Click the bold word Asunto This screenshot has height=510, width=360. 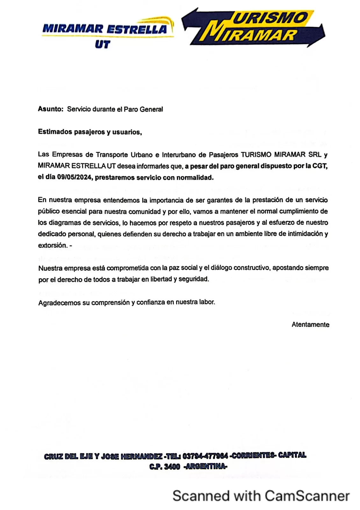[50, 109]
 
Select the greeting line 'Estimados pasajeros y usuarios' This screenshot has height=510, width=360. [90, 132]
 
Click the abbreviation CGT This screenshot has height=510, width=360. [320, 166]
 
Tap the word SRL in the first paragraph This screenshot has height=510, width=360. [315, 155]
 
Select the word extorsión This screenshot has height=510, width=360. [53, 245]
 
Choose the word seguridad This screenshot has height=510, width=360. [193, 279]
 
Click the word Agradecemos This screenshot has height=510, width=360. [59, 302]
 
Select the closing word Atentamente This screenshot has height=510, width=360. [310, 325]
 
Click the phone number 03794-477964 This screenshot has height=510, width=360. [205, 456]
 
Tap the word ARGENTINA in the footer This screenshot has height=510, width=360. [206, 467]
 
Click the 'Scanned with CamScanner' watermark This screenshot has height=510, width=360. [261, 496]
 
